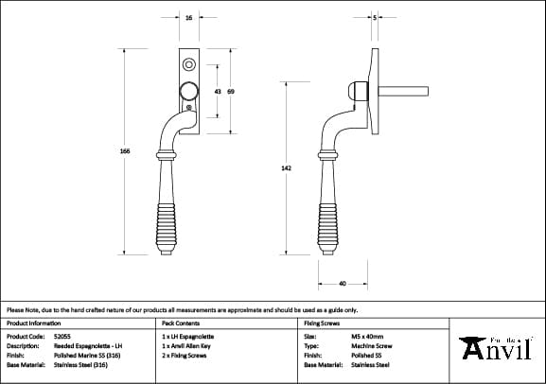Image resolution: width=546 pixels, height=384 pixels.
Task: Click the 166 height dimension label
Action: click(124, 151)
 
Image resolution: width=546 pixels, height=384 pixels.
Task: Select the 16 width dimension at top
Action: click(189, 18)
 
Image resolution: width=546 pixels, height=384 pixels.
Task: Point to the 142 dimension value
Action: click(286, 167)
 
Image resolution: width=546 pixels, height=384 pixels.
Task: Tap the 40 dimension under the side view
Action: click(342, 282)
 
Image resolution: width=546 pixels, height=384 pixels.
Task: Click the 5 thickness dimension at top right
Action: click(376, 18)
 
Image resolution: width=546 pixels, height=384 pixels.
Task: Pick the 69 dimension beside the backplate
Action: click(231, 91)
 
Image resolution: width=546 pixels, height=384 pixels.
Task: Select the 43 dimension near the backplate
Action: click(218, 91)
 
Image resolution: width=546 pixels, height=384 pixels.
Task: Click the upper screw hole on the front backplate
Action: click(189, 65)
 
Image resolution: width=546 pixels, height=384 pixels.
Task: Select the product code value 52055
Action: click(64, 336)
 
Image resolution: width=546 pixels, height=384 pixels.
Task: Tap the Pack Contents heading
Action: click(183, 323)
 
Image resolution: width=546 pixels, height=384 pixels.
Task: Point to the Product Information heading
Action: click(33, 323)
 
